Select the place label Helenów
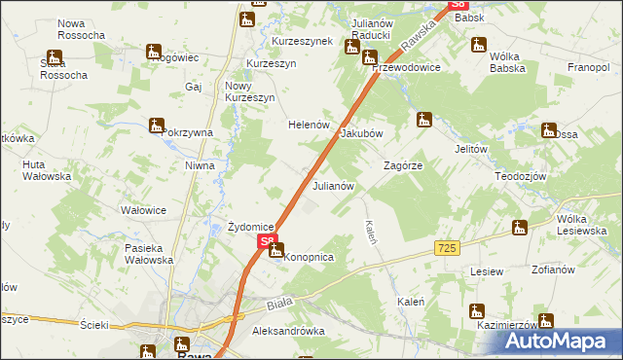[309, 126]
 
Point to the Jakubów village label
[361, 134]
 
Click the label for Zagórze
[403, 166]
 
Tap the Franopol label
[588, 68]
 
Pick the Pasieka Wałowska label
[149, 254]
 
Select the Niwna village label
[200, 165]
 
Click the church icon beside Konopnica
[276, 251]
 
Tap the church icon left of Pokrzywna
[156, 126]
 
